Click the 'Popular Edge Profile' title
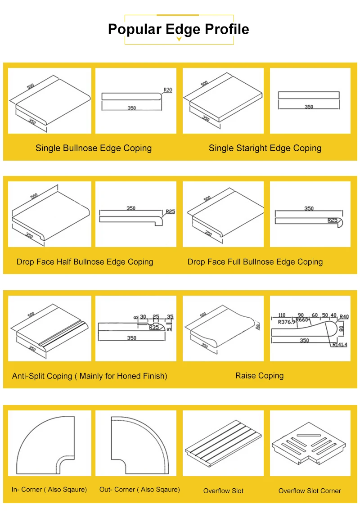click(179, 29)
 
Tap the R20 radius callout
click(167, 90)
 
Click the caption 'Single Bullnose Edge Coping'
click(94, 148)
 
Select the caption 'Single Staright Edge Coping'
click(265, 148)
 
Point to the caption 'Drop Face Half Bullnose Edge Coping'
click(85, 262)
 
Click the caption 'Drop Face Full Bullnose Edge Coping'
click(255, 262)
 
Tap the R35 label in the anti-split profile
click(154, 328)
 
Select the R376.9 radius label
click(287, 322)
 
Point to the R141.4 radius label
click(341, 345)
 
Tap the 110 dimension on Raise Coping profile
click(282, 315)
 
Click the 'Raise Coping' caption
click(259, 376)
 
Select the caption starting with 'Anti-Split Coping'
click(90, 376)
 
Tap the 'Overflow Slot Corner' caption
click(310, 491)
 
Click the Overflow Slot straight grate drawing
click(223, 443)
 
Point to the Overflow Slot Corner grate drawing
click(310, 443)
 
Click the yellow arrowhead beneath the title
click(179, 40)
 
